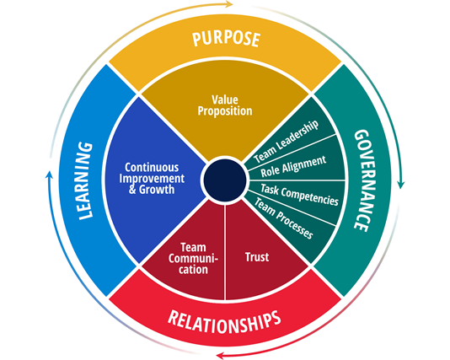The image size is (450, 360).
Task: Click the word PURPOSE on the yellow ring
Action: [x=227, y=39]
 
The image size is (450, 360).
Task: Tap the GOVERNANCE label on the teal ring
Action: [x=362, y=180]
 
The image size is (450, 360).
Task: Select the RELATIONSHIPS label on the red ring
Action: [x=224, y=322]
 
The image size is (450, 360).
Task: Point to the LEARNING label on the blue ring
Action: [x=85, y=181]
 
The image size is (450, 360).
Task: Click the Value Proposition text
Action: [x=225, y=105]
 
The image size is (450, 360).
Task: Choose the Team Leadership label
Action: [x=287, y=142]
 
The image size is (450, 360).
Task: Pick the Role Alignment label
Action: [x=293, y=166]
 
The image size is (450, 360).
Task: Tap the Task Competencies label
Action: [x=299, y=196]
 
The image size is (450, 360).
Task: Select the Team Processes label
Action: [x=283, y=218]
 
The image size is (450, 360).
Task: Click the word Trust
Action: [x=257, y=257]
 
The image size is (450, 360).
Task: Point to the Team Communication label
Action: [x=193, y=258]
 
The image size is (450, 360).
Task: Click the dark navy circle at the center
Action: [x=225, y=180]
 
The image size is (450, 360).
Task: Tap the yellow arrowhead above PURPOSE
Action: [x=228, y=4]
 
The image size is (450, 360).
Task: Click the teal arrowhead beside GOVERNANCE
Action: [x=401, y=185]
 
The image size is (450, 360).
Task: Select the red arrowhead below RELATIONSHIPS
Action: [x=220, y=356]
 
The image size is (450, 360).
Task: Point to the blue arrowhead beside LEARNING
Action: [x=50, y=175]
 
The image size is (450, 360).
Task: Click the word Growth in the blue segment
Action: [x=157, y=190]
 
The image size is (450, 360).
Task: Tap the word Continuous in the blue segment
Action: [x=152, y=167]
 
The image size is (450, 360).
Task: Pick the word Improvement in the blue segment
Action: [x=152, y=179]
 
